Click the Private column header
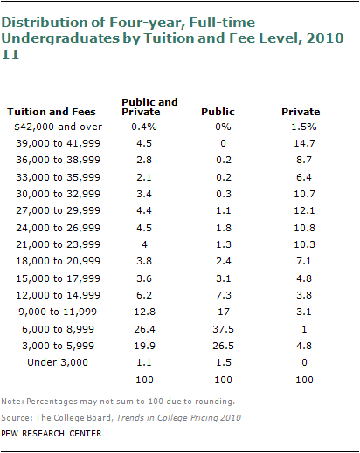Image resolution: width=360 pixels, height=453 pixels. (x=301, y=112)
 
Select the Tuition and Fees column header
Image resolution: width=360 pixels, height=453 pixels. (x=52, y=112)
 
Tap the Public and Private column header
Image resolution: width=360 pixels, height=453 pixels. (x=149, y=106)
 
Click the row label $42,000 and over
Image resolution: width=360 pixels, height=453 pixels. (x=58, y=127)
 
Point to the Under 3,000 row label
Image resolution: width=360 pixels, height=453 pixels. (x=58, y=362)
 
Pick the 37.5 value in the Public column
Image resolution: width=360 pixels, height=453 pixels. (x=223, y=329)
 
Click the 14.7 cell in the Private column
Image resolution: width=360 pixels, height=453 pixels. (x=304, y=143)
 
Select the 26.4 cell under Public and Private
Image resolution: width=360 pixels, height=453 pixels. (x=144, y=329)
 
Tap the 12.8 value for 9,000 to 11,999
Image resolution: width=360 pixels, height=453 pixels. (x=144, y=312)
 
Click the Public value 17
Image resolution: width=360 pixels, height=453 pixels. (x=224, y=312)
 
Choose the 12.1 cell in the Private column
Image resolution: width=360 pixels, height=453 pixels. (x=304, y=210)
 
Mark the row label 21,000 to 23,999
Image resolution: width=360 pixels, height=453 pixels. (x=58, y=244)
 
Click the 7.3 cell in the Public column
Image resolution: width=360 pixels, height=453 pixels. (x=224, y=295)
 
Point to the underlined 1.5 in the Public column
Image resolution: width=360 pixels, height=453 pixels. (x=224, y=362)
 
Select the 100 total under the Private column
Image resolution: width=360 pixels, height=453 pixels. (x=304, y=380)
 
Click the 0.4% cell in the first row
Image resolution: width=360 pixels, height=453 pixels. (x=144, y=127)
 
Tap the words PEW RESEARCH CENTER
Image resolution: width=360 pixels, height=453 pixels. (x=52, y=434)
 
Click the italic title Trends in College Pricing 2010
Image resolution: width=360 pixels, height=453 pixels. (x=178, y=418)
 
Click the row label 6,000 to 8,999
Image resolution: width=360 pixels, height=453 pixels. (x=58, y=329)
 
